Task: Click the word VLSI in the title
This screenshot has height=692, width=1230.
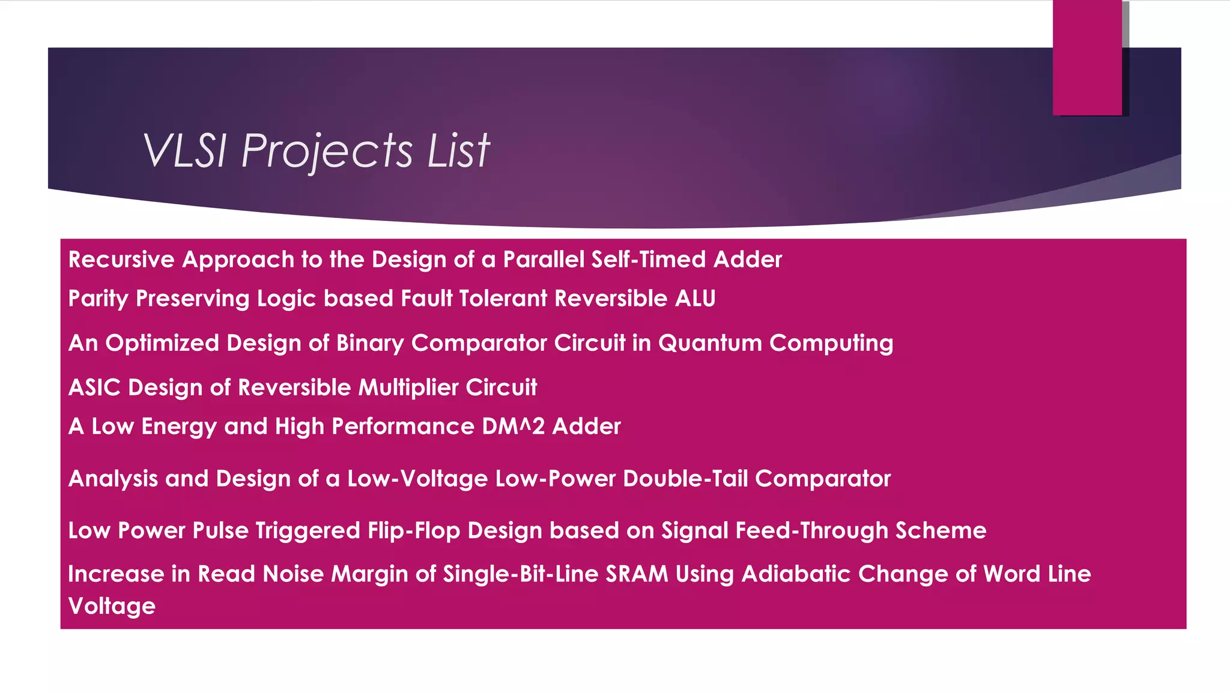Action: [184, 150]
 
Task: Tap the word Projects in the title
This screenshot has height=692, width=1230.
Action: [327, 150]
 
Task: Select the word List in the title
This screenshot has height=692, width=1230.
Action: [458, 150]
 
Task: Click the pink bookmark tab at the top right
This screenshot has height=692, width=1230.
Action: [1087, 58]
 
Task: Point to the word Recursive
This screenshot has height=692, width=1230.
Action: [121, 259]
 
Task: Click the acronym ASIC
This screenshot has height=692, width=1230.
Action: [94, 387]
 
